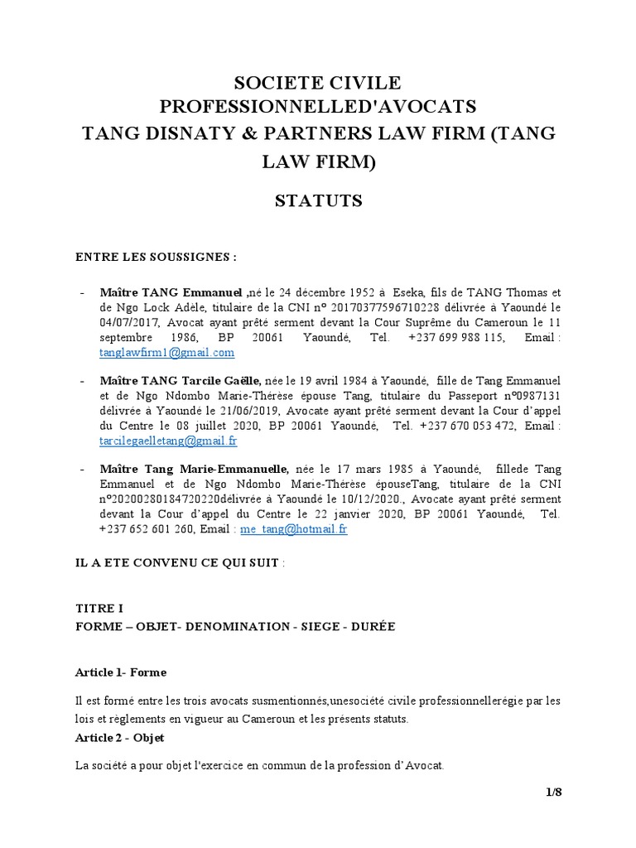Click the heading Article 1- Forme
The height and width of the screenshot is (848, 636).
tap(121, 672)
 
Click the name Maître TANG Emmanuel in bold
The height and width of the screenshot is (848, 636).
tap(172, 292)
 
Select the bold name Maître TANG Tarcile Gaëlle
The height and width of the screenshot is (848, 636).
tap(181, 381)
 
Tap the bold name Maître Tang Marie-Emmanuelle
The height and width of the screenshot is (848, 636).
tap(195, 470)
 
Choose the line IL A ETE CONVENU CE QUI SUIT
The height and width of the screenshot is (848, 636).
tap(177, 562)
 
